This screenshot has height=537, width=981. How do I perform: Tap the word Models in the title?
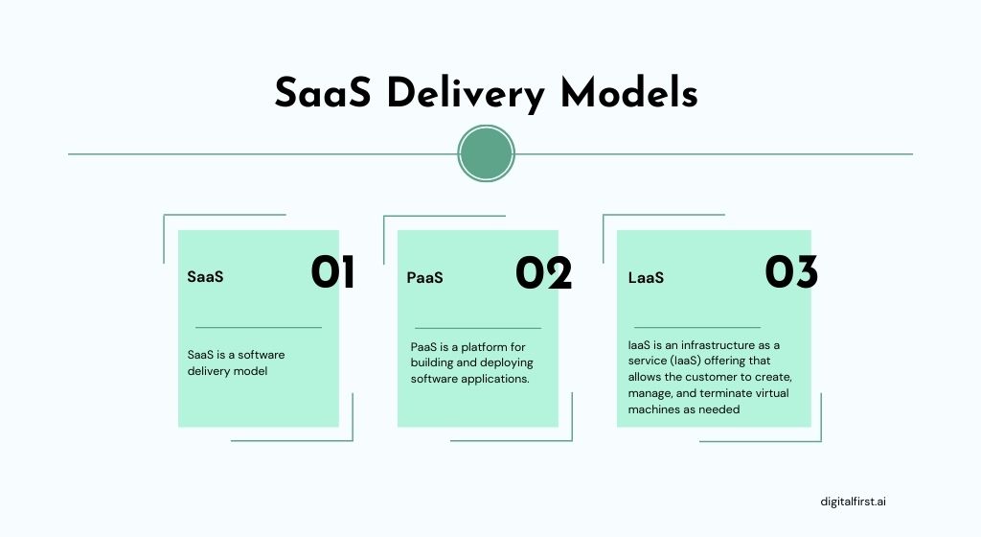(629, 94)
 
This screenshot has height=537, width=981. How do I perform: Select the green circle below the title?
(487, 153)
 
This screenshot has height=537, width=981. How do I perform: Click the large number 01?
(332, 273)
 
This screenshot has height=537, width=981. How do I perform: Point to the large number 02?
(543, 274)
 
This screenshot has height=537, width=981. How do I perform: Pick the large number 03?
(791, 273)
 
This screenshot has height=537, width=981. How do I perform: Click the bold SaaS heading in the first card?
(205, 277)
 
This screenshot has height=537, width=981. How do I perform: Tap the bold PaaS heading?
(424, 278)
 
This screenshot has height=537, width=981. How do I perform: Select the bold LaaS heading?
(646, 278)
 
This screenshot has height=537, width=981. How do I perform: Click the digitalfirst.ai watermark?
(859, 501)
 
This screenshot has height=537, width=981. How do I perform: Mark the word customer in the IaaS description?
(710, 377)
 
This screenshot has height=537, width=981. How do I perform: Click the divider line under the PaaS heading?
(477, 328)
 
